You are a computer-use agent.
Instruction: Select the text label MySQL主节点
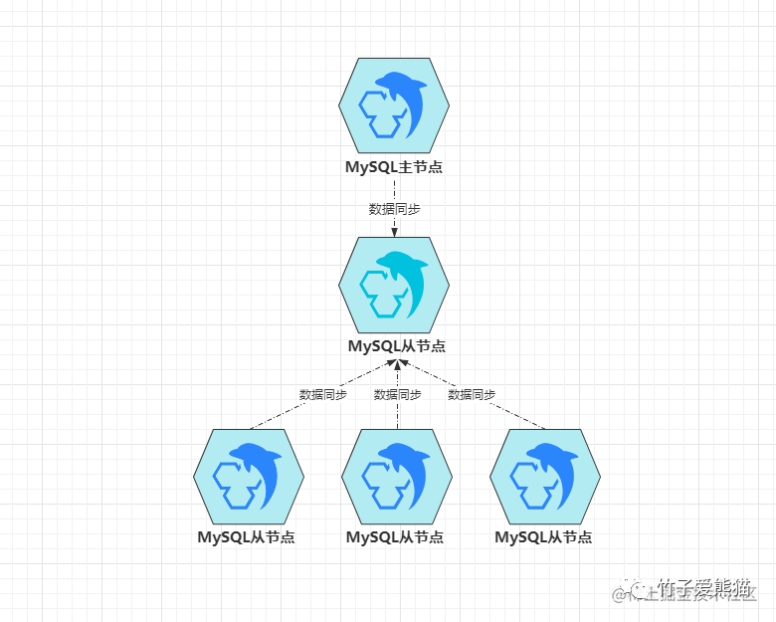click(394, 167)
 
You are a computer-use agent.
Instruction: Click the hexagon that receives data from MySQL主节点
click(394, 285)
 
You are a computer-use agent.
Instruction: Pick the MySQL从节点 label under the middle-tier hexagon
click(396, 346)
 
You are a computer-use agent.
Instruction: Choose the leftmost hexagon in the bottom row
click(247, 476)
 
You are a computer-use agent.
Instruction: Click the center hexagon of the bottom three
click(396, 476)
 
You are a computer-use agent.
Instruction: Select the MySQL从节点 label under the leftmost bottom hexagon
click(246, 537)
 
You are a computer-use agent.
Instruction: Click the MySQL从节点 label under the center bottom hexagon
click(395, 537)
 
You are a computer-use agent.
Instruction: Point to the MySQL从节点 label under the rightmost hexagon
click(543, 537)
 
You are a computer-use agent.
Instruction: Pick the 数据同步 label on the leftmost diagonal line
click(323, 394)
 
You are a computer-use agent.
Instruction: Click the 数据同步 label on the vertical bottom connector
click(397, 394)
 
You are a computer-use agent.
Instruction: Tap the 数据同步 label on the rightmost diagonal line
click(472, 394)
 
